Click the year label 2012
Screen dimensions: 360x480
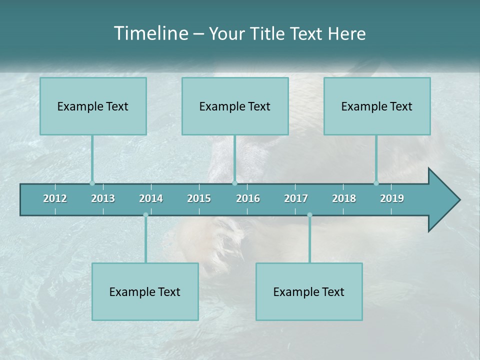(55, 198)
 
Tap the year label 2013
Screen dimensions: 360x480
(103, 198)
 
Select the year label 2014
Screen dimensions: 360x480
(151, 198)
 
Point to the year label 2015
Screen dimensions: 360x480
(199, 198)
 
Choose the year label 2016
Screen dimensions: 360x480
(248, 198)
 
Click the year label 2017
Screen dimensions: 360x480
(296, 198)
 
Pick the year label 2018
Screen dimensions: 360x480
(344, 198)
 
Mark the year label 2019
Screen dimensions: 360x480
(392, 198)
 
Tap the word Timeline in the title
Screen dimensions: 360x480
(149, 33)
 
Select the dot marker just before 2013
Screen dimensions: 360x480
(92, 183)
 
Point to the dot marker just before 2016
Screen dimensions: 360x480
(234, 183)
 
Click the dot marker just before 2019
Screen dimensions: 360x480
(376, 183)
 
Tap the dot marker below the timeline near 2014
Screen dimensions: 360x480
(145, 215)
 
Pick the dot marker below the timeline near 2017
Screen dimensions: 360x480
(309, 215)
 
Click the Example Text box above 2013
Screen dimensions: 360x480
(93, 106)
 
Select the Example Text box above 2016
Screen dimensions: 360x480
(235, 106)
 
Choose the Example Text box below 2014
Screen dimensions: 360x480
(145, 291)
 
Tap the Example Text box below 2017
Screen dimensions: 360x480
(309, 291)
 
